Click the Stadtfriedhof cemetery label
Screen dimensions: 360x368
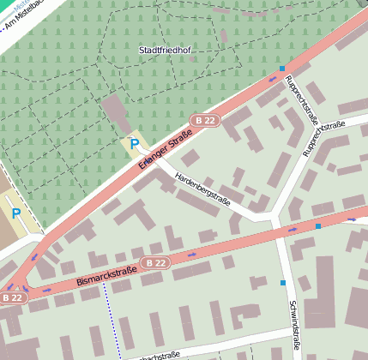164,51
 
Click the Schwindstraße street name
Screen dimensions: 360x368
293,325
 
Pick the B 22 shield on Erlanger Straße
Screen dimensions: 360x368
203,121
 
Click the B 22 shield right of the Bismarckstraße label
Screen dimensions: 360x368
155,262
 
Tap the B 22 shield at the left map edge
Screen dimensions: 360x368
12,297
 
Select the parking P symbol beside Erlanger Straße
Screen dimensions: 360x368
134,144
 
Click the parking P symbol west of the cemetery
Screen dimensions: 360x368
16,213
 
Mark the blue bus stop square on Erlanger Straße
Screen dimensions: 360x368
281,69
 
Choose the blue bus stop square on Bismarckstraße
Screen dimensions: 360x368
318,226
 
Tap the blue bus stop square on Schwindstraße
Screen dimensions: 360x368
282,282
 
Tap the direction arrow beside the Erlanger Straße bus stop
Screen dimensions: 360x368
273,79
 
